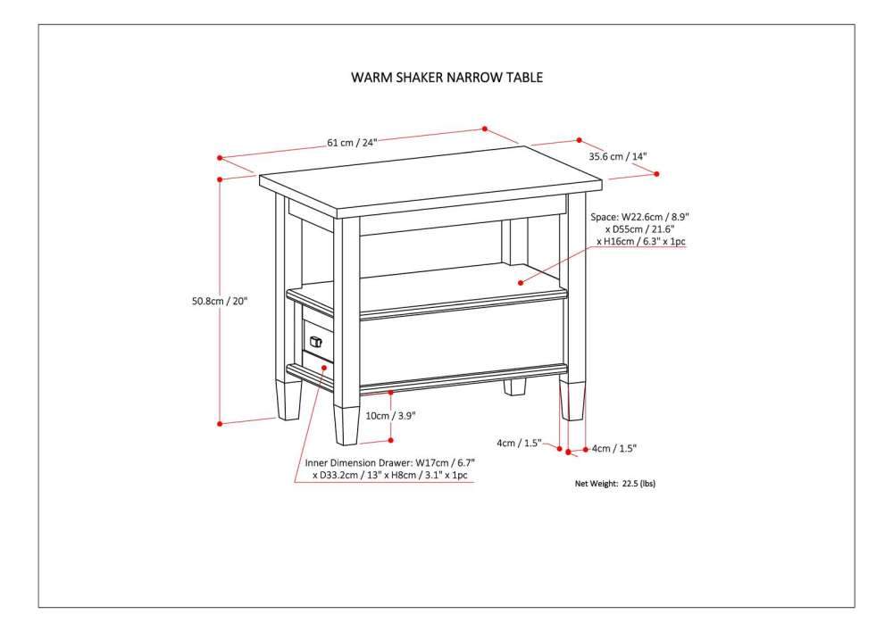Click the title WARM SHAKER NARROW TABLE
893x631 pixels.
pyautogui.click(x=446, y=78)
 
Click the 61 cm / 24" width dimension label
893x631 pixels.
pyautogui.click(x=353, y=143)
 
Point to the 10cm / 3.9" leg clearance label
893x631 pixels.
pyautogui.click(x=390, y=416)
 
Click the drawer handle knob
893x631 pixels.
pyautogui.click(x=315, y=340)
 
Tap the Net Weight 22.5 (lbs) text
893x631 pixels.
pyautogui.click(x=621, y=483)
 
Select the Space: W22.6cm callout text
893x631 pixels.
pyautogui.click(x=640, y=229)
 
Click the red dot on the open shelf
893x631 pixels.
pyautogui.click(x=521, y=282)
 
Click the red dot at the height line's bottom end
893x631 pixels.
pyautogui.click(x=220, y=422)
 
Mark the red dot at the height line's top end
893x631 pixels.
pyautogui.click(x=220, y=179)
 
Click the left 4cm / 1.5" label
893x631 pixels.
pyautogui.click(x=519, y=443)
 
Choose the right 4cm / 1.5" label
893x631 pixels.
pyautogui.click(x=614, y=448)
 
